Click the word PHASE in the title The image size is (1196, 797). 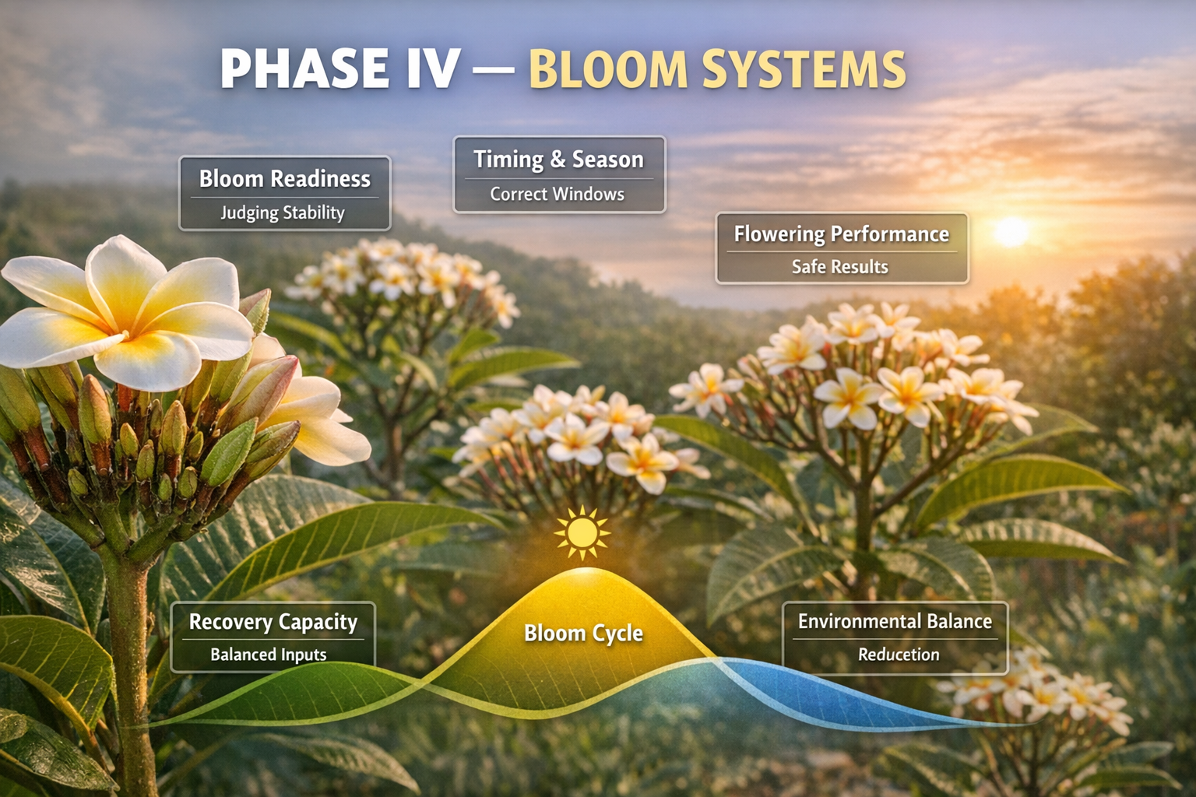(x=304, y=69)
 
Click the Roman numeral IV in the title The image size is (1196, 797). (x=432, y=69)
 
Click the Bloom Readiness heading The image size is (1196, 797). (x=284, y=179)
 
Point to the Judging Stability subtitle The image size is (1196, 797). (x=282, y=212)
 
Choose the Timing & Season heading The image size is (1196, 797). (x=558, y=160)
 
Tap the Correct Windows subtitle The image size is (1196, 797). (x=557, y=194)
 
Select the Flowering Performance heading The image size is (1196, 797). (x=841, y=234)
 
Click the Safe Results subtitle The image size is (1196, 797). (x=839, y=267)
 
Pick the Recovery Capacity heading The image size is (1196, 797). (x=273, y=622)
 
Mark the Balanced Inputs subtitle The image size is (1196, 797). (x=268, y=655)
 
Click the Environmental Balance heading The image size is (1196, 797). (x=895, y=621)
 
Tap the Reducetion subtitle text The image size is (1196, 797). (x=899, y=655)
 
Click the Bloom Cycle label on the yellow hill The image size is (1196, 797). (x=583, y=633)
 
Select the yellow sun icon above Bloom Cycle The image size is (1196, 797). (x=582, y=533)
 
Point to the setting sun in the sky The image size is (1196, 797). (x=1011, y=231)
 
